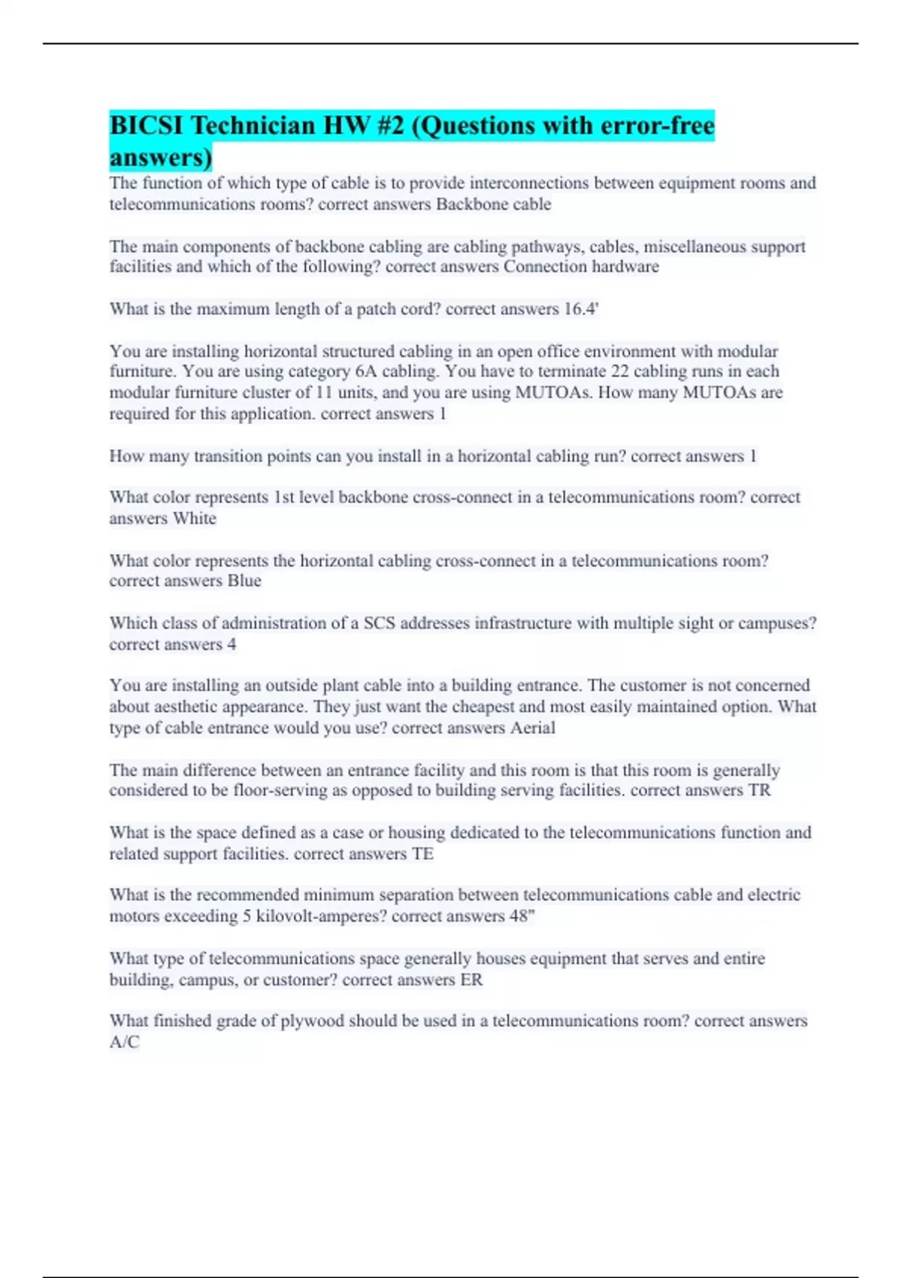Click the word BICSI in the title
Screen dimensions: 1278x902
147,125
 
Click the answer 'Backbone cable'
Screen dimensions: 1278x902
493,204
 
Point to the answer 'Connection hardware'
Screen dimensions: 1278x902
581,267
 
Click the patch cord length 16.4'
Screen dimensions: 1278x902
581,309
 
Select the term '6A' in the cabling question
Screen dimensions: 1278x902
366,371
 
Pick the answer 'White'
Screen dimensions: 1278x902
195,519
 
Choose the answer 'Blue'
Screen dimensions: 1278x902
244,581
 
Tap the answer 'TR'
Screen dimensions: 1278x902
759,790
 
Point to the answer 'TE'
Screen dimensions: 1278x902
422,854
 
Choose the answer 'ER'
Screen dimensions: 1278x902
471,980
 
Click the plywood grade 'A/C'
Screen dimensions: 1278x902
124,1043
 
